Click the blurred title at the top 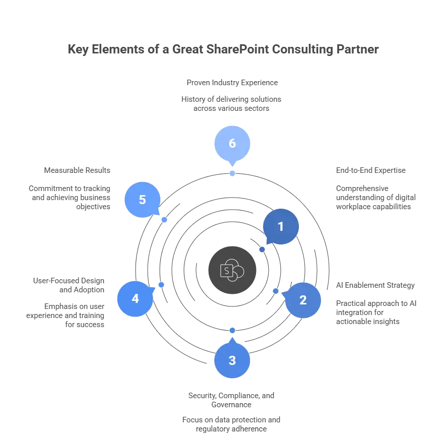point(221,50)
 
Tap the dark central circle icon point(232,270)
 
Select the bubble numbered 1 point(281,227)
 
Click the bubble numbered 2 point(302,300)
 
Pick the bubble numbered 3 point(232,360)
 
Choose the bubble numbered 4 point(135,298)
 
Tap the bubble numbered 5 point(142,200)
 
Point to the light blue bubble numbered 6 point(232,143)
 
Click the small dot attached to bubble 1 point(262,249)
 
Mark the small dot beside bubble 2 point(276,291)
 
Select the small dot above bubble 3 point(232,330)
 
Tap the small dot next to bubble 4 point(161,285)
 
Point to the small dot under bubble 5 point(164,220)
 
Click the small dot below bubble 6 point(232,173)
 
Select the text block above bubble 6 point(231,95)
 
